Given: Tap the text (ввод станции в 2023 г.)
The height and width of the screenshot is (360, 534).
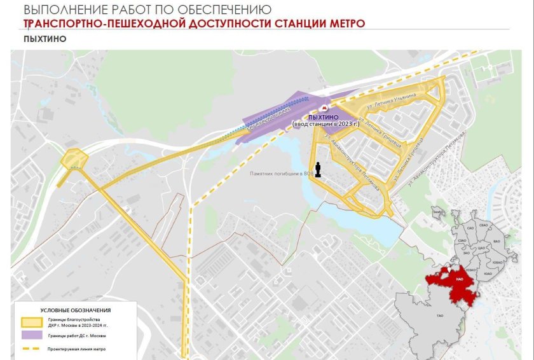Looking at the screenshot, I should coord(325,123).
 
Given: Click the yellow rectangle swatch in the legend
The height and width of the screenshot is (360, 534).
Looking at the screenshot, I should coord(32,321).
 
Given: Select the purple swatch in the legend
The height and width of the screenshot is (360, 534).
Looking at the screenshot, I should coord(32,335).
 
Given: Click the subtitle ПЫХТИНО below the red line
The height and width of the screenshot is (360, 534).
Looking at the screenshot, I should coord(44,39).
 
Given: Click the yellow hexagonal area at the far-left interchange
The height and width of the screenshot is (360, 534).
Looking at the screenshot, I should coord(74,158).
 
